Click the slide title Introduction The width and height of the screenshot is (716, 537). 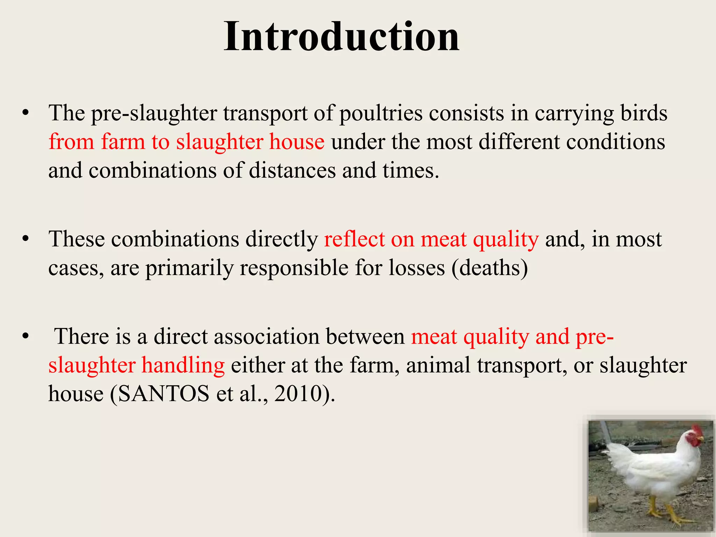[x=341, y=37]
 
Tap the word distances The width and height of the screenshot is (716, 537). [x=292, y=171]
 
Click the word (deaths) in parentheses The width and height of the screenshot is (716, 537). [x=489, y=268]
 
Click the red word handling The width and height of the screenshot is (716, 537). [x=183, y=365]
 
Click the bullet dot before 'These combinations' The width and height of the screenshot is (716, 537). [x=25, y=239]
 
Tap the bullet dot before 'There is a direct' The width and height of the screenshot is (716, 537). [x=25, y=337]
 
